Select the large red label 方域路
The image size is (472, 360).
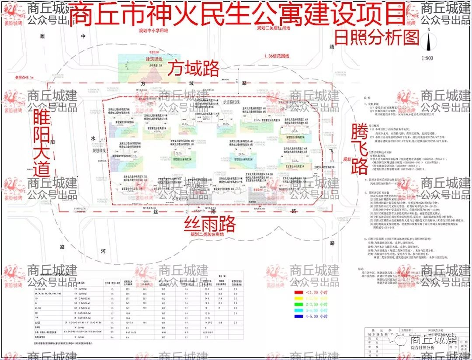pos(194,68)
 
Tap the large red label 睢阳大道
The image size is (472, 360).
pos(42,144)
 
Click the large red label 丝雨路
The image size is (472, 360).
pos(209,224)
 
